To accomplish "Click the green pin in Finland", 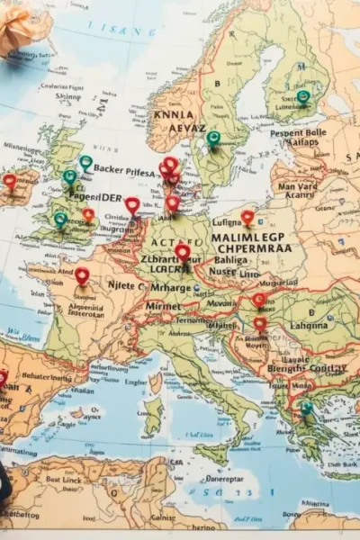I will [x=303, y=96].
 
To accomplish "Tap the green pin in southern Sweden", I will [x=213, y=138].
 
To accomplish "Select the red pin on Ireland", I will [x=10, y=181].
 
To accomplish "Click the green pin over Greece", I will [x=307, y=408].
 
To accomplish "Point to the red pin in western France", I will [x=82, y=274].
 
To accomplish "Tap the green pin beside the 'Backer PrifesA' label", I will [x=85, y=163].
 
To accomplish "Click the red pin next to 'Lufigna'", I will [x=247, y=217].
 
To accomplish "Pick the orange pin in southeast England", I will [x=88, y=215].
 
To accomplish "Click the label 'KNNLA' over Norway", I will [x=173, y=115].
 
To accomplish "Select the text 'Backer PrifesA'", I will [x=124, y=169].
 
